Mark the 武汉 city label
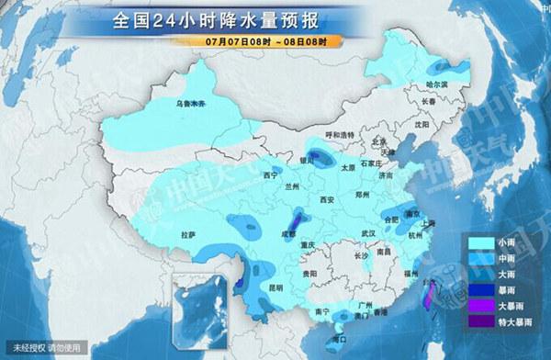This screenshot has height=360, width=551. pyautogui.click(x=369, y=232)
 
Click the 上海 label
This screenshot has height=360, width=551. pyautogui.click(x=426, y=223)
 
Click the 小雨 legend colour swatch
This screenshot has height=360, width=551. pyautogui.click(x=479, y=241)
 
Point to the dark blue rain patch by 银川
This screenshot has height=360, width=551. pyautogui.click(x=317, y=156)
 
